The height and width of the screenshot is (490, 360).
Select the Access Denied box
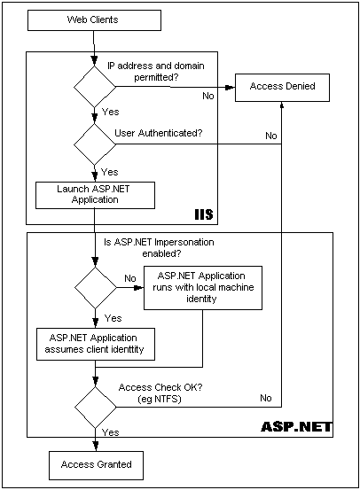tap(281, 87)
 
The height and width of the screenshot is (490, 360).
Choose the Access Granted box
tap(96, 463)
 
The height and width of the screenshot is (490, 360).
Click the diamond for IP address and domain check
tap(94, 87)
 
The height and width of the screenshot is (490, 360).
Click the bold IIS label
tap(204, 215)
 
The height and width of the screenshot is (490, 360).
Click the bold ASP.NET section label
tap(295, 427)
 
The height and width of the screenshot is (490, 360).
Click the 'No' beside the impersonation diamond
tap(129, 277)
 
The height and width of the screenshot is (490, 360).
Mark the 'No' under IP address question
tap(208, 95)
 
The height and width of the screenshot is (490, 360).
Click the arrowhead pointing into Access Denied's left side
tap(231, 87)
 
